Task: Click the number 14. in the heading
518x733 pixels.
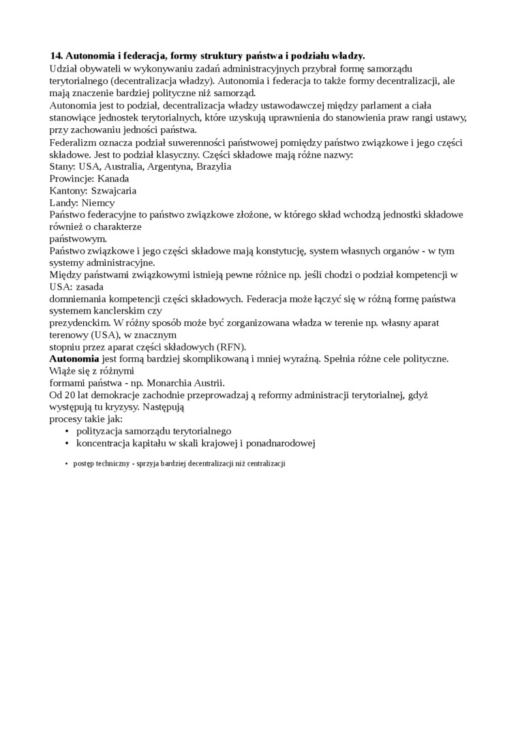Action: click(57, 56)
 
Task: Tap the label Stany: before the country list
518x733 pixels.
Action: click(63, 167)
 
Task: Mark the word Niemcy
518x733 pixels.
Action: click(99, 203)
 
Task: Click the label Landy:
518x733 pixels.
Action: click(65, 203)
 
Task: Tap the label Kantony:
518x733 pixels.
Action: click(68, 191)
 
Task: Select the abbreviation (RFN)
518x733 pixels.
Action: click(230, 346)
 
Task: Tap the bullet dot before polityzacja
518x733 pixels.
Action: click(66, 432)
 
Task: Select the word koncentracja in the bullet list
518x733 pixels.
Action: click(105, 444)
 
